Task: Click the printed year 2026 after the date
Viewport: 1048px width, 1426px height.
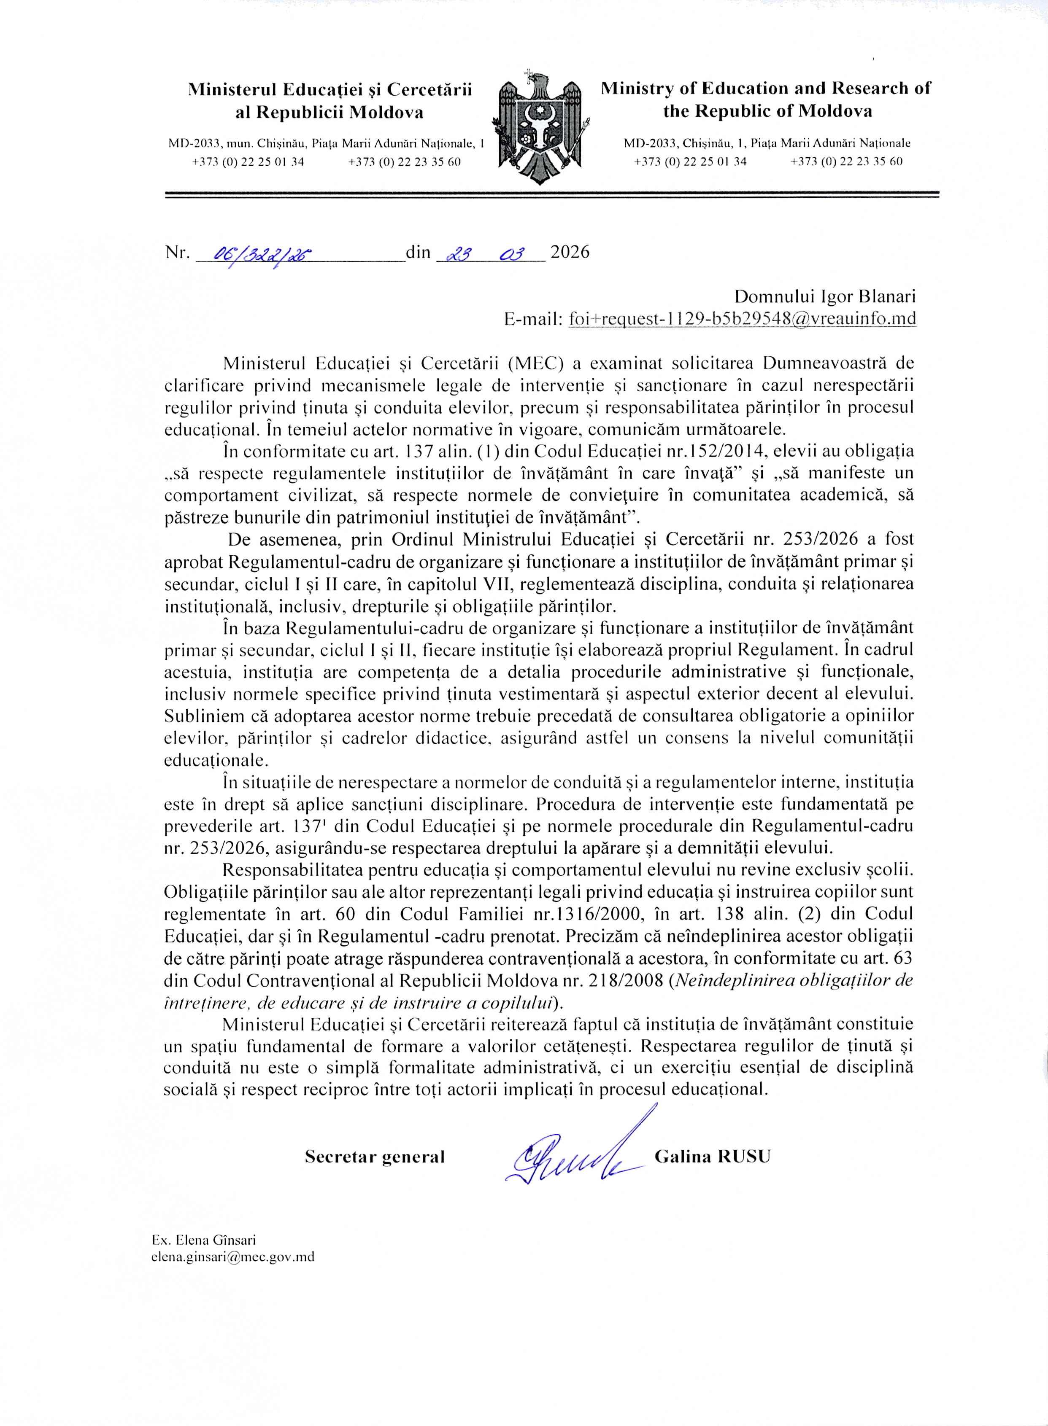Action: click(x=570, y=253)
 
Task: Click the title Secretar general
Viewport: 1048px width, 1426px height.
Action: click(x=375, y=1157)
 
